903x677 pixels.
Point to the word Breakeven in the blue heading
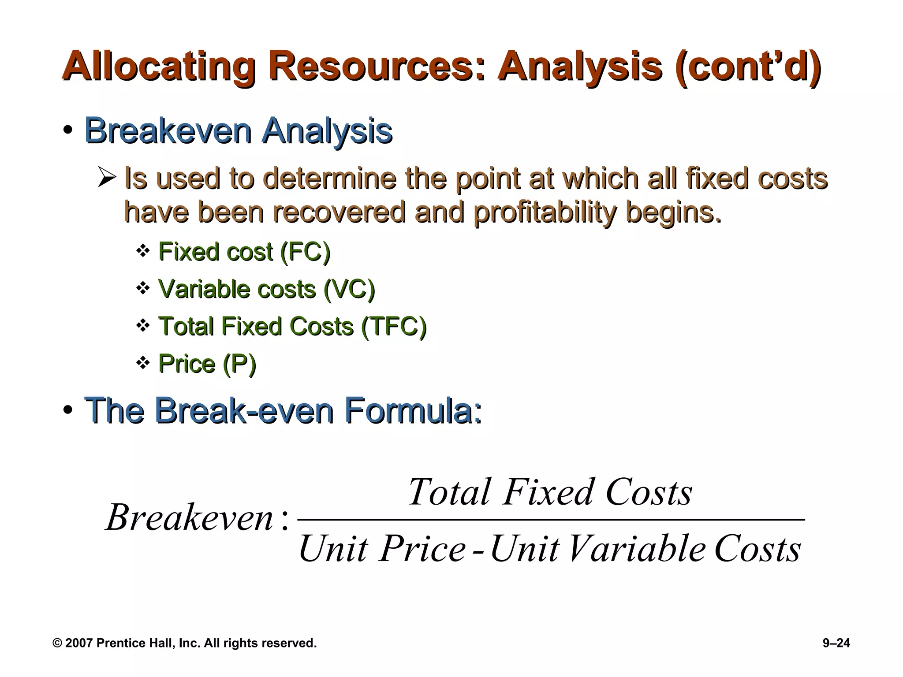click(x=168, y=130)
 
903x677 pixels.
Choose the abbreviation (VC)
click(x=349, y=290)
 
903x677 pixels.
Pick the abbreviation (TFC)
click(x=394, y=327)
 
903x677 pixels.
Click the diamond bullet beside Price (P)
click(x=143, y=364)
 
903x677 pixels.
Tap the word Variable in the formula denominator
click(x=637, y=549)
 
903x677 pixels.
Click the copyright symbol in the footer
click(x=57, y=643)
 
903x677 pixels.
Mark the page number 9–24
click(x=836, y=643)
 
